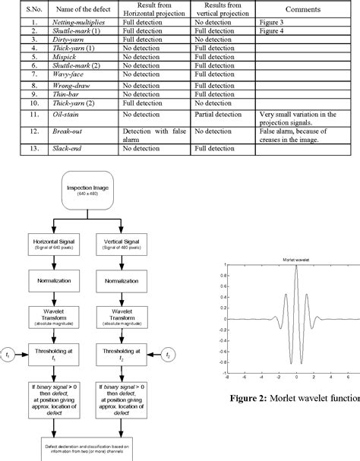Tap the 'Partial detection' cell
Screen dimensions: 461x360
[x=219, y=113]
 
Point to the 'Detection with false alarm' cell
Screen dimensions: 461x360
[x=154, y=135]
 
